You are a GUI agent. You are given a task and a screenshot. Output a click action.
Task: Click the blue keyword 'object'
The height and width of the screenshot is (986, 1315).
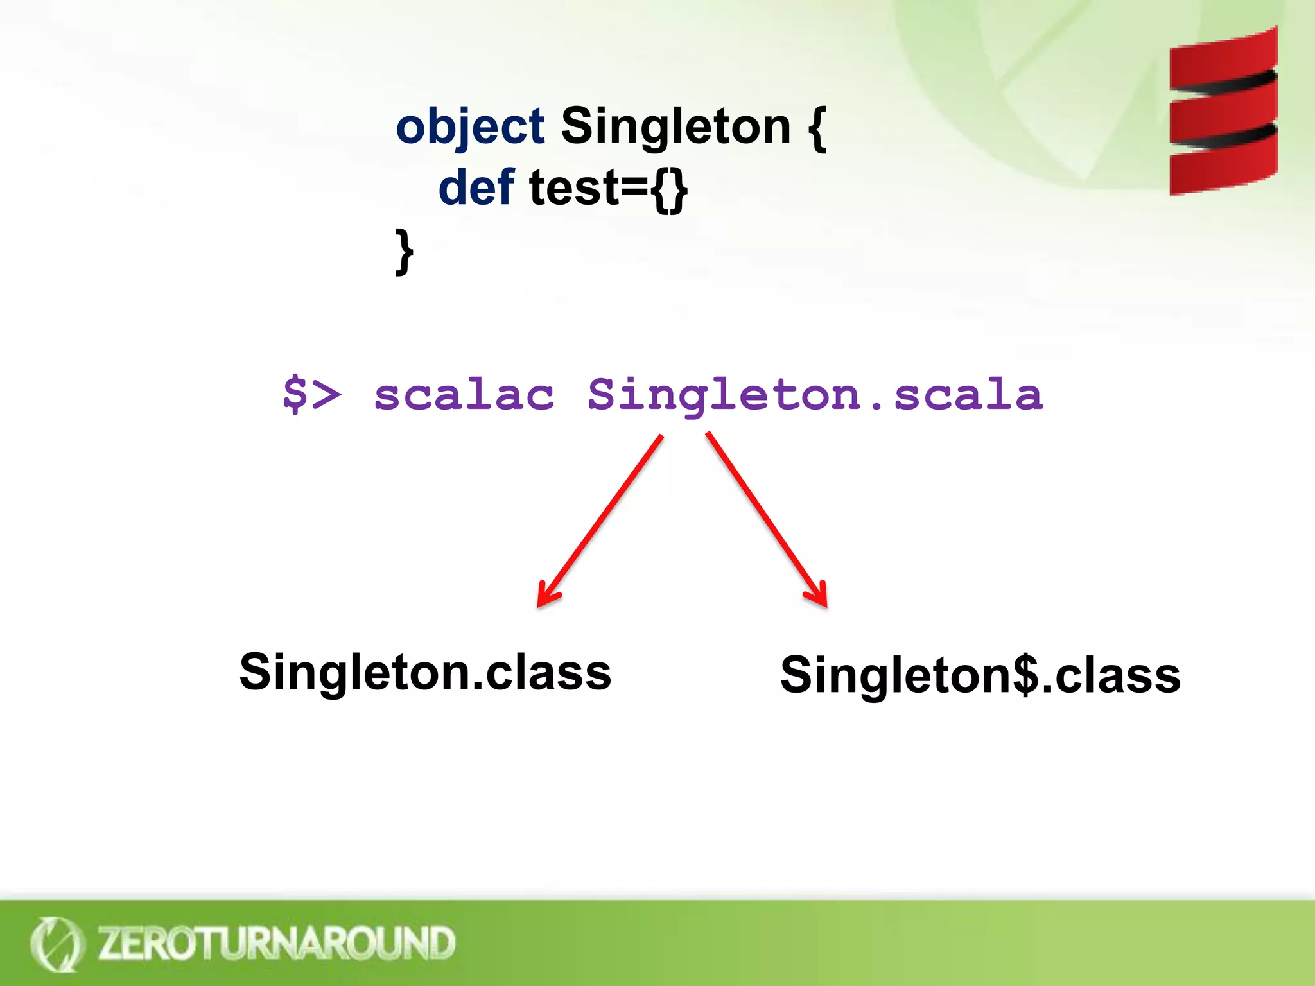point(469,127)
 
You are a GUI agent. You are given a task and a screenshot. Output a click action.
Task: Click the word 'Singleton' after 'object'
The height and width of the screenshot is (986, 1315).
point(675,126)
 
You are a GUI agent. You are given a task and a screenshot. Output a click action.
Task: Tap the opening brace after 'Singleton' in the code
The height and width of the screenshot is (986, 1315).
point(816,128)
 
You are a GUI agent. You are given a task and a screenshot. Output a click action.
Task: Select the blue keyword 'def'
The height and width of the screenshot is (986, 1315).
point(476,187)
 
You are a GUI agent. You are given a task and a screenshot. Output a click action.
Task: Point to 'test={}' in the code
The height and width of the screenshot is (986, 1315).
point(608,189)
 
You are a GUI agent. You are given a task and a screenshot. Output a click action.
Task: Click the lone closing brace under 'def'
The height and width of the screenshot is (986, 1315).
point(404,252)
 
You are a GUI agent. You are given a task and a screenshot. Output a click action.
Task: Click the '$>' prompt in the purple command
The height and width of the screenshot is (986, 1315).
point(311,394)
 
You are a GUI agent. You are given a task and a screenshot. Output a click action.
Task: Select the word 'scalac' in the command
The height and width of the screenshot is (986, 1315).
point(464,394)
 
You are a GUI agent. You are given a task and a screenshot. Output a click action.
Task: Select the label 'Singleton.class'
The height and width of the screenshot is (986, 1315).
point(425,672)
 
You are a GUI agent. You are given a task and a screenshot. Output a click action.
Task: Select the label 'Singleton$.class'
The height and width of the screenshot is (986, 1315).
point(980,675)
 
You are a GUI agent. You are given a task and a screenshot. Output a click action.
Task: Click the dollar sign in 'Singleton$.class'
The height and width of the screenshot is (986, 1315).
point(1025,675)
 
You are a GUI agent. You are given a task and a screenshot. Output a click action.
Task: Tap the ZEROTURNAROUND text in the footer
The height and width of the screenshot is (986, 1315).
point(276,943)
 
